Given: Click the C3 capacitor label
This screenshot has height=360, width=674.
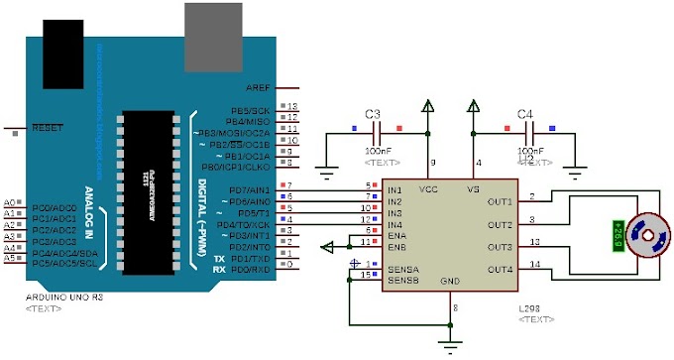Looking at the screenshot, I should (373, 113).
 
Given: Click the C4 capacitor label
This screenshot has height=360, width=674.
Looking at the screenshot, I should (525, 113).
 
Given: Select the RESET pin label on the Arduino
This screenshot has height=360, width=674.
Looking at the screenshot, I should (47, 128).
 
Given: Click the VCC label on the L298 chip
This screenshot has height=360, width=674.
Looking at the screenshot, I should (429, 188).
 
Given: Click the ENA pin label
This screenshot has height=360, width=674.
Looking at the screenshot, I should (396, 235).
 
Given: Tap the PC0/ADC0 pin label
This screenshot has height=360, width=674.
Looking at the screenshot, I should (55, 202).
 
